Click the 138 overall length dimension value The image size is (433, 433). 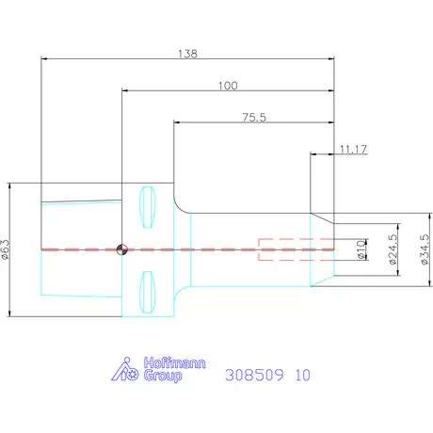tap(187, 54)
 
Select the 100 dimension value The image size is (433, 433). tap(228, 86)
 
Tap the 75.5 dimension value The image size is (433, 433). tap(254, 118)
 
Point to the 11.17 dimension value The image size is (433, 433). tap(353, 150)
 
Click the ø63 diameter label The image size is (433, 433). tap(6, 249)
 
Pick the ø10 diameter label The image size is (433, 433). tap(361, 249)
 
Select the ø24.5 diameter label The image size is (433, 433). tap(393, 249)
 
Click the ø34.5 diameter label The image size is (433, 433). tap(425, 249)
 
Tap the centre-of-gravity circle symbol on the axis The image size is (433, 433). tap(121, 249)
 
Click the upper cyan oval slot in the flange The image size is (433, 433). tap(147, 207)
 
